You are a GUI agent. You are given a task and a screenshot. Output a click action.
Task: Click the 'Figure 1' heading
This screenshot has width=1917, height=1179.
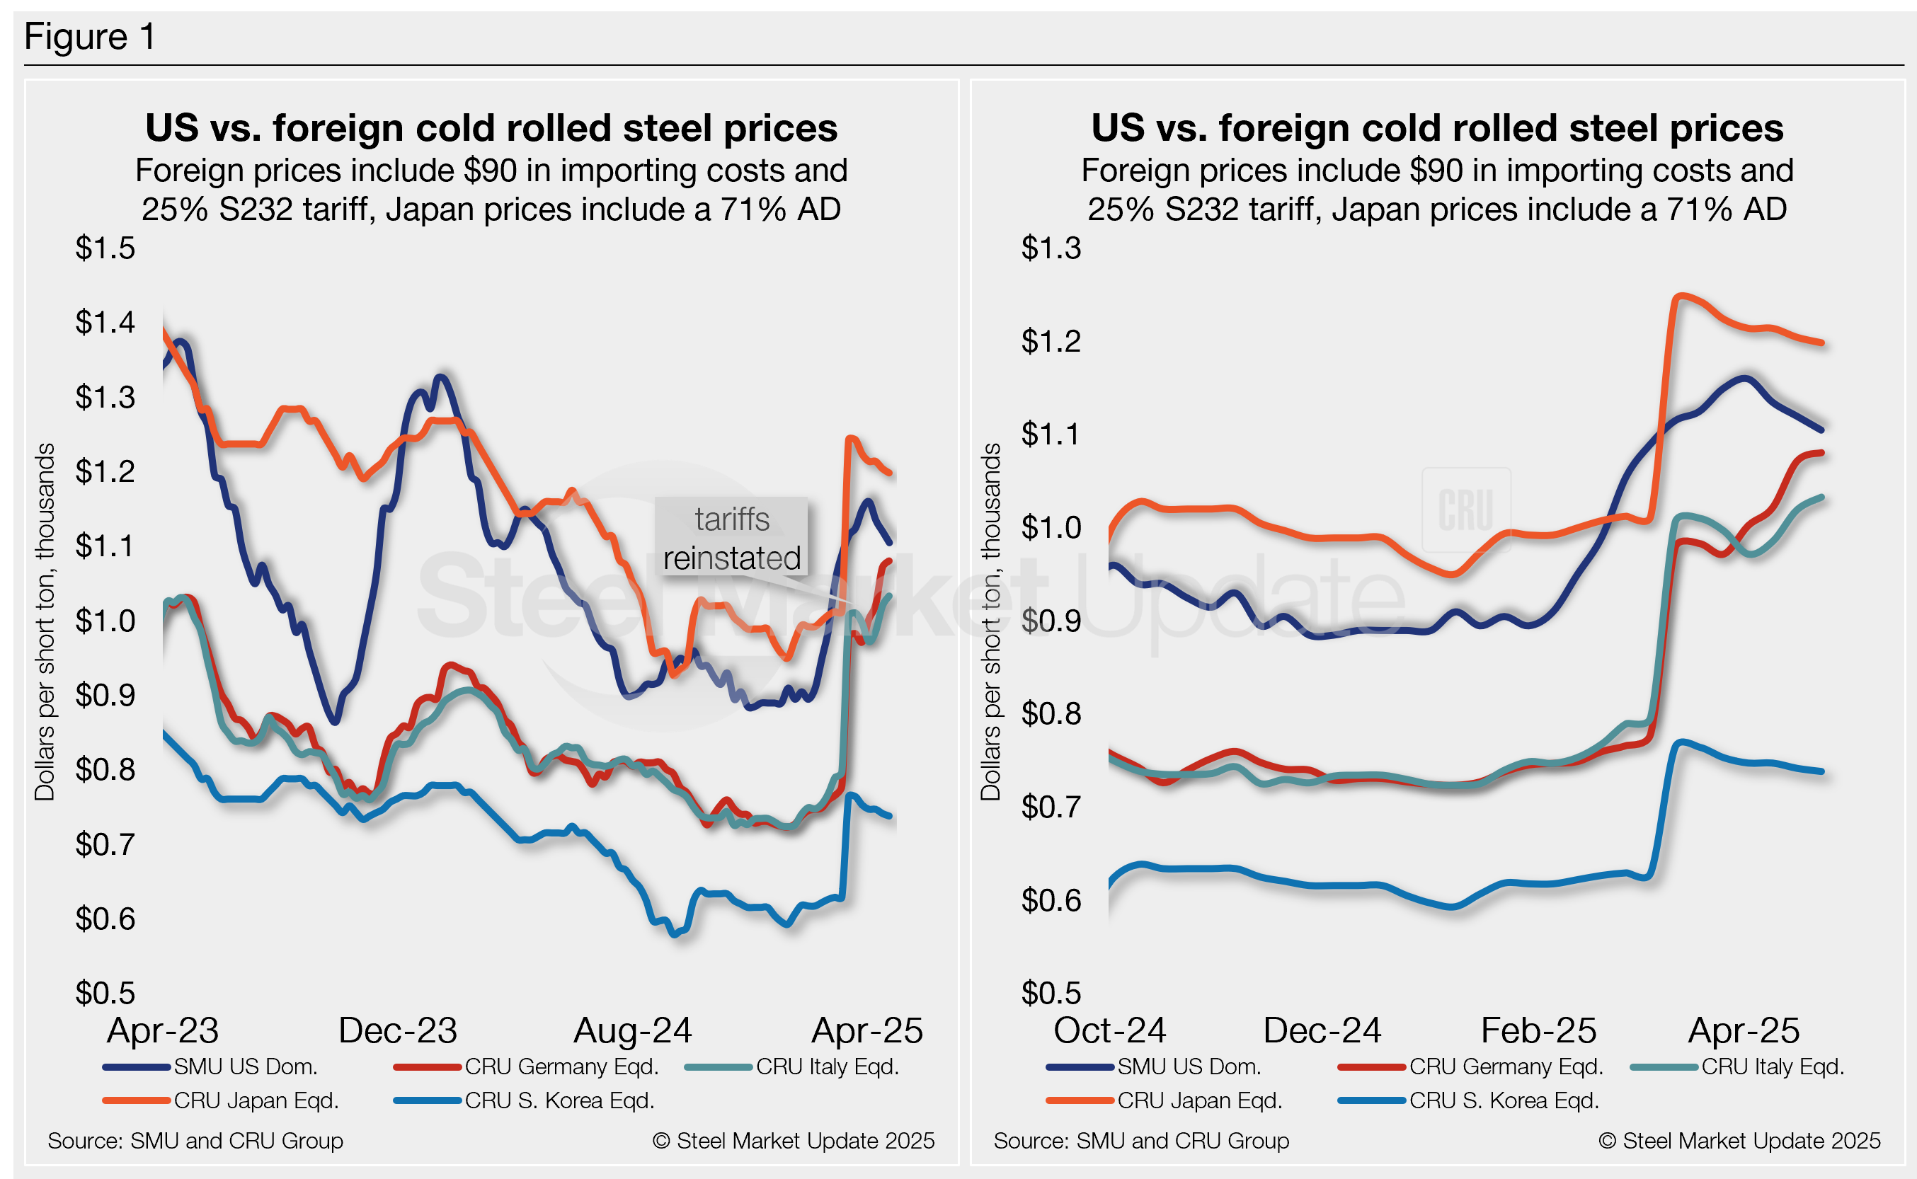tap(90, 37)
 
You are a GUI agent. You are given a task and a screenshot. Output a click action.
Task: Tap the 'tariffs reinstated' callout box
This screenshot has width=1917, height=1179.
tap(731, 539)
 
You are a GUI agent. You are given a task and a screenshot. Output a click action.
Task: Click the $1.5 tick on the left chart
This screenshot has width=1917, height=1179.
tap(105, 248)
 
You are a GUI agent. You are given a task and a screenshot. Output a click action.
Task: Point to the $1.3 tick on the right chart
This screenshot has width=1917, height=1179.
tap(1051, 248)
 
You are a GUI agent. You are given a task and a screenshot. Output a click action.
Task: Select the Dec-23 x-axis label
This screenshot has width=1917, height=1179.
tap(398, 1031)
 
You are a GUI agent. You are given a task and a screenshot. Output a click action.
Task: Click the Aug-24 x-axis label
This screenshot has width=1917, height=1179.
tap(632, 1031)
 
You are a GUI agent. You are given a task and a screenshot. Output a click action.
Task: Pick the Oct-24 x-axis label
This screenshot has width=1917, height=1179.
tap(1109, 1031)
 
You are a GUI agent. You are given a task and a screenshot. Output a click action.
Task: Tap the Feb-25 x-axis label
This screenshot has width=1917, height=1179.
tap(1538, 1031)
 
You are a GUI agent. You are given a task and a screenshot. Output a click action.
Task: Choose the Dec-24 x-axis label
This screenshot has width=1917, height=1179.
tap(1322, 1031)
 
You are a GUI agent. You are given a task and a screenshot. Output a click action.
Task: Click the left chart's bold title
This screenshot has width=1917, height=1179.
tap(491, 128)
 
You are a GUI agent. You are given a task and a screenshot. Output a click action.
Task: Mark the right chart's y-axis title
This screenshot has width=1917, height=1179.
tap(990, 621)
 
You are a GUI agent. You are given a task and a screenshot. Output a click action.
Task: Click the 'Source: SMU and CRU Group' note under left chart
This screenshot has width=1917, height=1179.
tap(195, 1141)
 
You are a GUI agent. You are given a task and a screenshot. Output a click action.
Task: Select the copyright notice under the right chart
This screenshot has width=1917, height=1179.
tap(1739, 1141)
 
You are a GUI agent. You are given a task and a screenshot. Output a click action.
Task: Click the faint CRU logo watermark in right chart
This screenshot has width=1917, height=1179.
tap(1466, 510)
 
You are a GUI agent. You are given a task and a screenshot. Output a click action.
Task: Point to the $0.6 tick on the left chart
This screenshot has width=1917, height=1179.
tap(105, 919)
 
